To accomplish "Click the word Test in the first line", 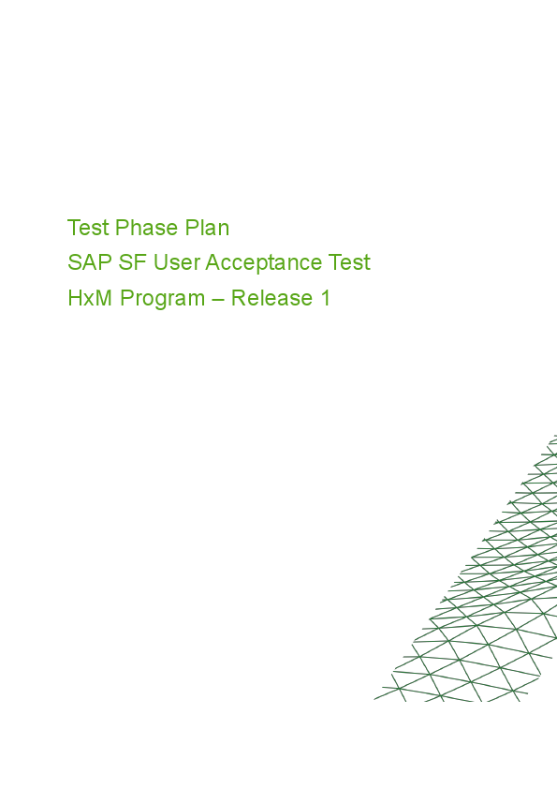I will point(88,228).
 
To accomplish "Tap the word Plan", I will point(207,228).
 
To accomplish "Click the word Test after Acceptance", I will point(350,263).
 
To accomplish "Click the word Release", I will point(271,299).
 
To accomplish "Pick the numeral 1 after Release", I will point(326,299).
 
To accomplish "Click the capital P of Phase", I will point(122,228).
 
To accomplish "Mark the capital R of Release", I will point(239,299).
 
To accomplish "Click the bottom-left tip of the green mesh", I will point(375,699).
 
